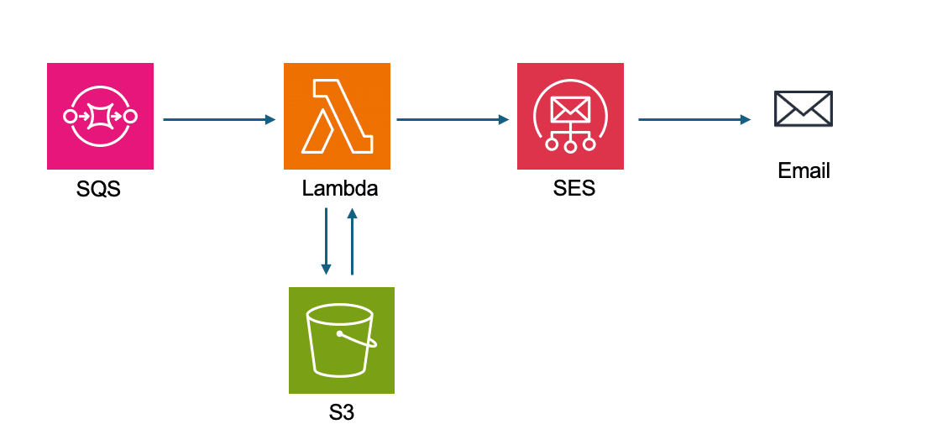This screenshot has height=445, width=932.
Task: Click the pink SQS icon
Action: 100,116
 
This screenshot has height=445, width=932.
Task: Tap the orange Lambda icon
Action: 337,116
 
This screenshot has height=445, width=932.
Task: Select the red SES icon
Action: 570,116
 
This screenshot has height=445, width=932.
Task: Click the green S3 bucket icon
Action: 341,340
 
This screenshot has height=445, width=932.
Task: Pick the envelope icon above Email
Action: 803,108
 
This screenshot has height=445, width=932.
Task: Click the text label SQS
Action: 98,190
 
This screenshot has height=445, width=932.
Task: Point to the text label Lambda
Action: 339,189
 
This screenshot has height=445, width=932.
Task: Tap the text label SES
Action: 573,189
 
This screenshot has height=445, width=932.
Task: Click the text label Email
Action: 804,171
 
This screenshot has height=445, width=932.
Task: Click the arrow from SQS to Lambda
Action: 218,120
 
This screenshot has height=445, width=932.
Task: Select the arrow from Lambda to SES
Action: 453,120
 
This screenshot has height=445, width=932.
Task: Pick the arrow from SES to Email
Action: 694,120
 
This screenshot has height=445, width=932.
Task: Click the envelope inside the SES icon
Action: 570,108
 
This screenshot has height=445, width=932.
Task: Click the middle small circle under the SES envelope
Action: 570,146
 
